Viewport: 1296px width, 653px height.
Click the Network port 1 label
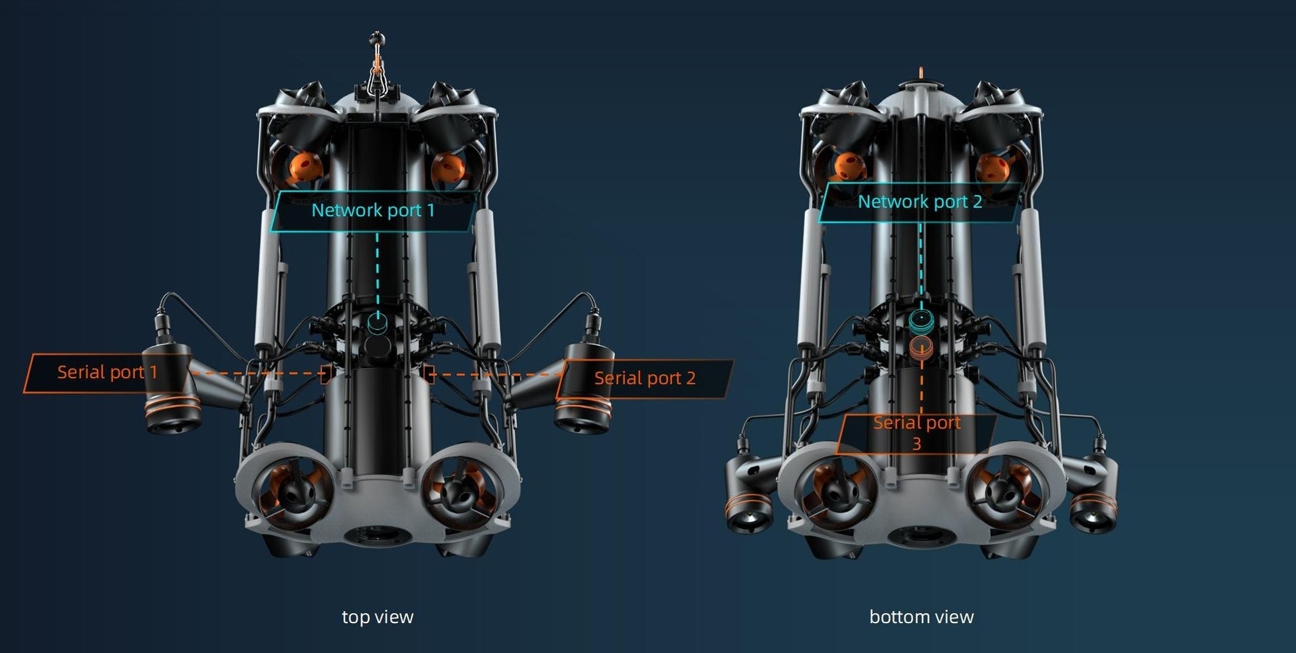(373, 211)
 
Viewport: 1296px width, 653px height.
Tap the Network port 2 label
(920, 202)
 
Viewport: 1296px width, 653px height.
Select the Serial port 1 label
(107, 372)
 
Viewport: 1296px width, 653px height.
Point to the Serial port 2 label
(645, 379)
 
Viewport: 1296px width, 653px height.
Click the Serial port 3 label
(917, 432)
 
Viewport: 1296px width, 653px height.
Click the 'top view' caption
(378, 617)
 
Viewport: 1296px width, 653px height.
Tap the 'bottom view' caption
(921, 617)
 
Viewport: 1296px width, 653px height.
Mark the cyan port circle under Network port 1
(378, 324)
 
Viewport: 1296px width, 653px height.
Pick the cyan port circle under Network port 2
(921, 321)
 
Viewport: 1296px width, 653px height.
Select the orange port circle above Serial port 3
(921, 348)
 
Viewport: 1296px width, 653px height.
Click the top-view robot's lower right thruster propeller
(460, 495)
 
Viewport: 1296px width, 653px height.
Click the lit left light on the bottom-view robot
(748, 517)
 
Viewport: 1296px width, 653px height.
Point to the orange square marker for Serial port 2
(429, 374)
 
